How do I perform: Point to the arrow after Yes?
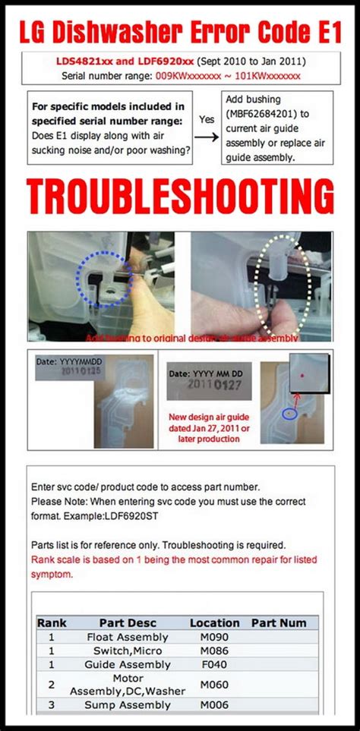[x=204, y=134]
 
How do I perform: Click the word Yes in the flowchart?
[x=205, y=119]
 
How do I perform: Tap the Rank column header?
[x=52, y=622]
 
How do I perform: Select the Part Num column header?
[x=279, y=622]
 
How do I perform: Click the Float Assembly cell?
[x=128, y=637]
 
